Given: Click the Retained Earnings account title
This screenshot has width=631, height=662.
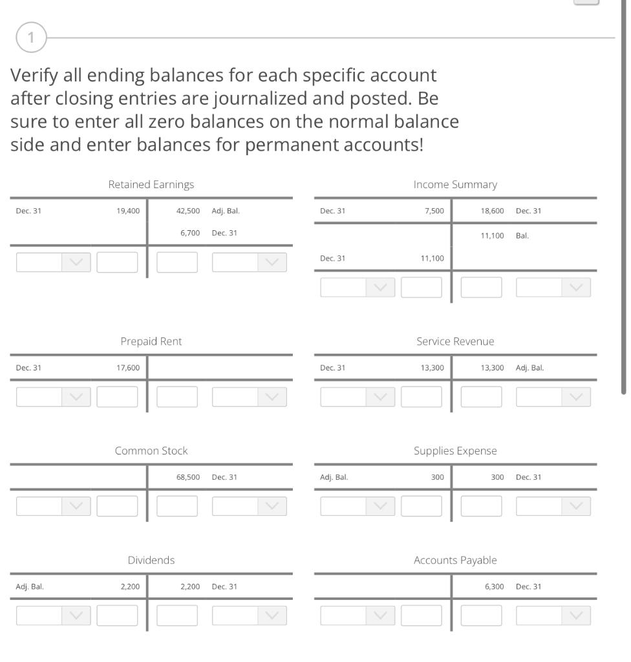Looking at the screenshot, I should [151, 184].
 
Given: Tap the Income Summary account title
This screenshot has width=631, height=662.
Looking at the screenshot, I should [455, 184].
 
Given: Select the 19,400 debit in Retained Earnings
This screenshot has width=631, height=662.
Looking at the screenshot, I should [127, 211].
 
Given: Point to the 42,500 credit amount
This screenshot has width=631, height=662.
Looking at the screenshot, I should [188, 211].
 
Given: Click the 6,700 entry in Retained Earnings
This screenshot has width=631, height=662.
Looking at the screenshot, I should [190, 233].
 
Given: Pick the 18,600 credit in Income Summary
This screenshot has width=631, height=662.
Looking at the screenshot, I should [492, 211].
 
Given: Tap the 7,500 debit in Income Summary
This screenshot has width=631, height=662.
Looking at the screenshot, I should [434, 211].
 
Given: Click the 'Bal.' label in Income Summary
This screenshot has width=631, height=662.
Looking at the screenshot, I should [522, 236].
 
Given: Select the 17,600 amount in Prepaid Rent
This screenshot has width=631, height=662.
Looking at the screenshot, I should [127, 368].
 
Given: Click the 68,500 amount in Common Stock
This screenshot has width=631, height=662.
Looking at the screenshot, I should [188, 477].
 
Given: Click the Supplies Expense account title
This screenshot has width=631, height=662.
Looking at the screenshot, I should [455, 451].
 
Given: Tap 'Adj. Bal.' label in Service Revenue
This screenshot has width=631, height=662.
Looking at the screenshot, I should [529, 368].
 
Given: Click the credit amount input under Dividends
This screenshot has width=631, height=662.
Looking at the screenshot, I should [176, 615].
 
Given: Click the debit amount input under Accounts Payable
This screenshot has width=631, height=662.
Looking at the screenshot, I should [421, 615].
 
